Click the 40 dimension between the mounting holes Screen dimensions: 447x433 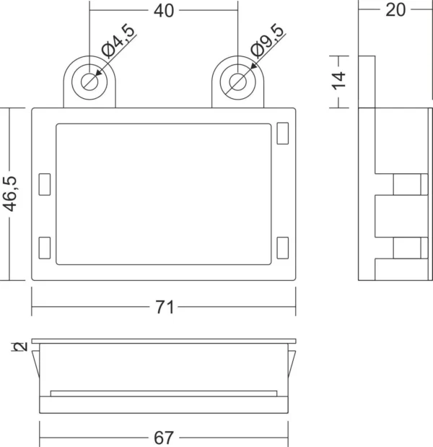(164, 11)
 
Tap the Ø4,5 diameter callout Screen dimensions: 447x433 (118, 41)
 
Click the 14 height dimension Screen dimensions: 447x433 (339, 80)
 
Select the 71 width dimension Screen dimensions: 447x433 (165, 307)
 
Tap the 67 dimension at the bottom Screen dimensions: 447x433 (164, 438)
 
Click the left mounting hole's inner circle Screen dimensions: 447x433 (89, 80)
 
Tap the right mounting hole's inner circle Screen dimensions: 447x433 (237, 80)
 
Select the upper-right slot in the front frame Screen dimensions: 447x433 (282, 134)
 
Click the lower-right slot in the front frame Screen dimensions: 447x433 (282, 248)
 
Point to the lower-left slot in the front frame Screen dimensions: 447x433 (45, 248)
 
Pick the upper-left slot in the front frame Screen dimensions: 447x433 (45, 184)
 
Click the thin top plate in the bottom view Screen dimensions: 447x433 (164, 340)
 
